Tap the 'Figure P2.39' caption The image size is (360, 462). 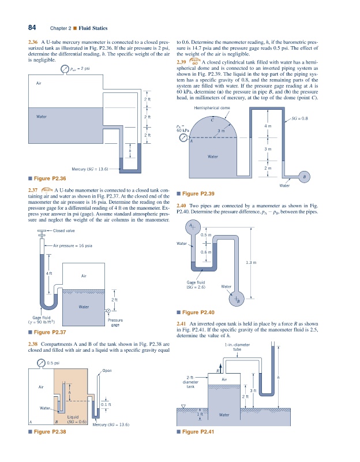pyautogui.click(x=198, y=193)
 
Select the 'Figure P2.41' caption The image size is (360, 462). pyautogui.click(x=198, y=431)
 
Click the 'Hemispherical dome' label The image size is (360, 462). pyautogui.click(x=212, y=108)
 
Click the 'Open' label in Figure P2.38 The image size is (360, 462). pyautogui.click(x=107, y=371)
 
